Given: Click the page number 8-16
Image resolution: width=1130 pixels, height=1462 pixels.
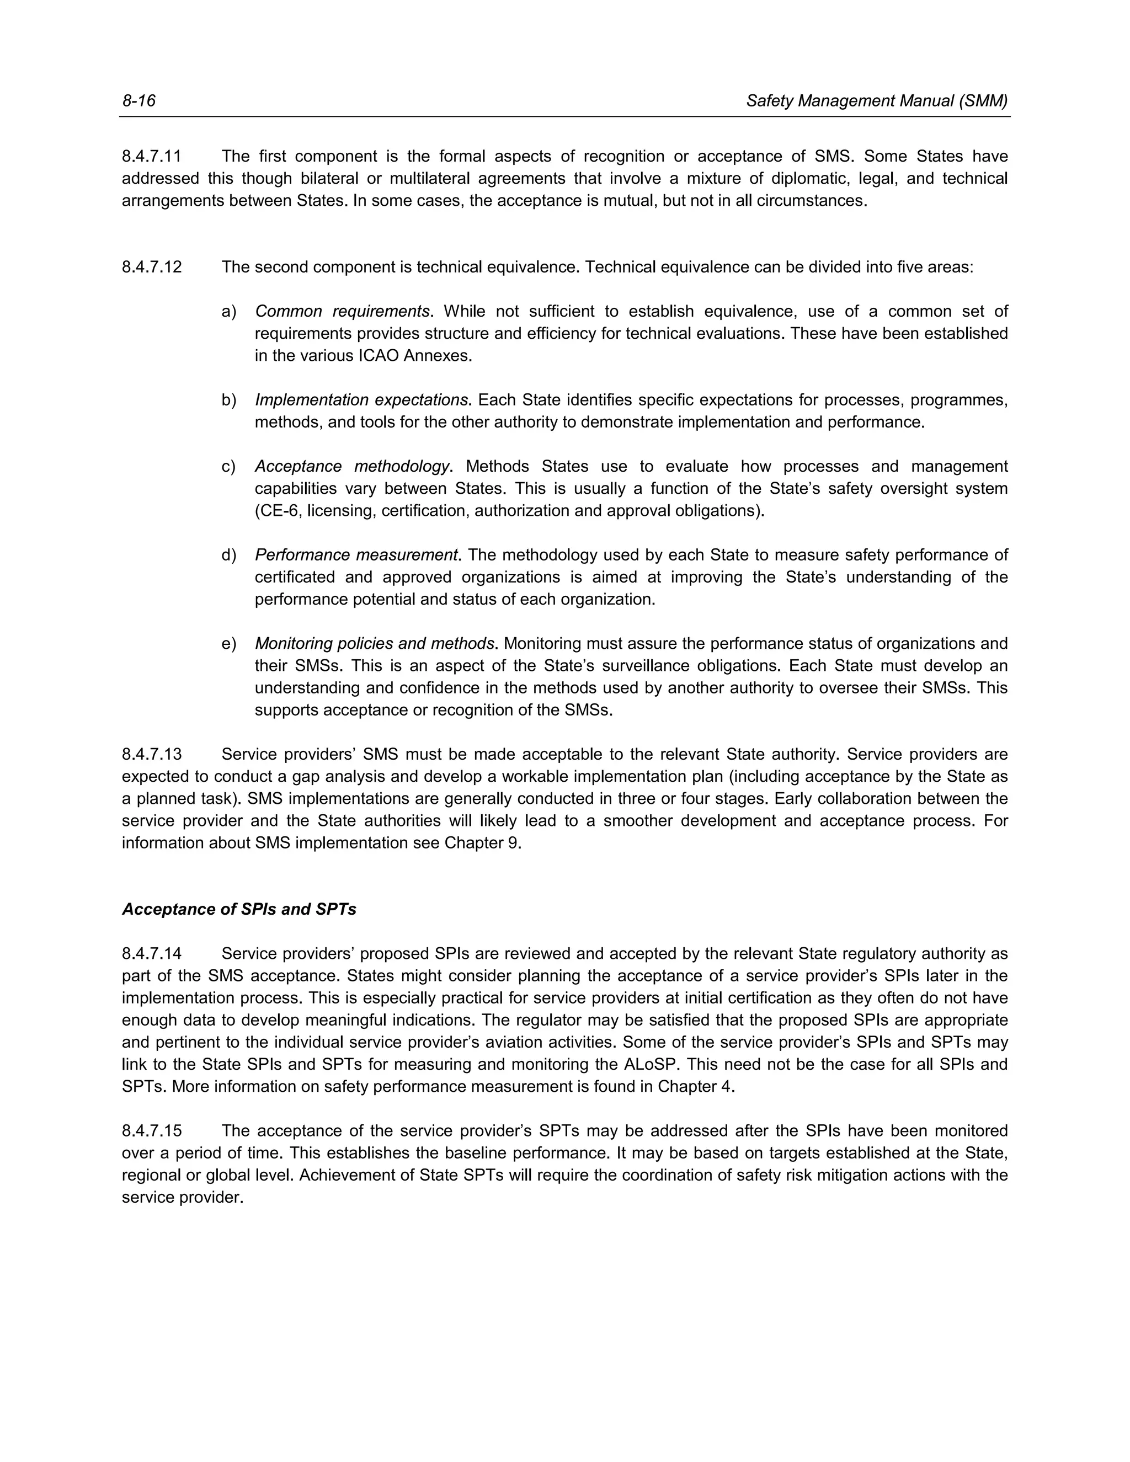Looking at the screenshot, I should click(x=138, y=100).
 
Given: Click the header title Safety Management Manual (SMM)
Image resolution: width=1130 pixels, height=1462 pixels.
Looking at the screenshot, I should click(x=876, y=100).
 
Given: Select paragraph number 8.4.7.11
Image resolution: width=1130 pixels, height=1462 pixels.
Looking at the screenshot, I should click(x=151, y=156).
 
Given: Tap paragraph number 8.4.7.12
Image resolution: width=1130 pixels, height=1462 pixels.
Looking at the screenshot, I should click(x=151, y=267).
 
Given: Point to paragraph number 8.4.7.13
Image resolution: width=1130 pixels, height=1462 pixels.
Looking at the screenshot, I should click(x=151, y=754).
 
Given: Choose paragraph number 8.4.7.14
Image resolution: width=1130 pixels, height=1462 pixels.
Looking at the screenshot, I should click(x=151, y=953).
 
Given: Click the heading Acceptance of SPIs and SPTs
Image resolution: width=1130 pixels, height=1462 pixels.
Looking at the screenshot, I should click(x=239, y=909).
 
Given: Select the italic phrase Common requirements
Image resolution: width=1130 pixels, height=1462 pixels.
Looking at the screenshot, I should click(x=342, y=311).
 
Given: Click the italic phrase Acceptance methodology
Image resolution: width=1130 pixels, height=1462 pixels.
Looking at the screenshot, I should click(x=352, y=466).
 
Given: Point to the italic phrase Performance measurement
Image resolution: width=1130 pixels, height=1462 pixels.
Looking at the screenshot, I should click(x=356, y=555).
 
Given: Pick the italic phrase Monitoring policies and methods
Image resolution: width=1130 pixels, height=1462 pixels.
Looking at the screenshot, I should click(x=375, y=643).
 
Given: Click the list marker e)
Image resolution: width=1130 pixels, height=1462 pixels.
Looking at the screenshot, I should click(x=228, y=643).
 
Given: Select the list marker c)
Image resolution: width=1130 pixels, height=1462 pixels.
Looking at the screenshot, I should click(x=228, y=466).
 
